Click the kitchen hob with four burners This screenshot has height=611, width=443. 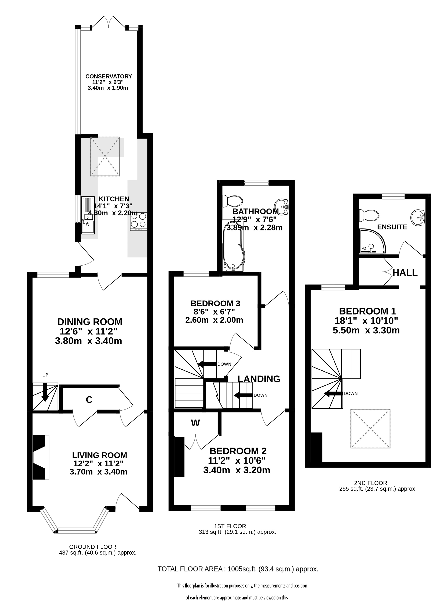click(139, 221)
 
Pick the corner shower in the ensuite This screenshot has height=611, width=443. click(373, 241)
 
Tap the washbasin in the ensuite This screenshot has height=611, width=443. click(418, 217)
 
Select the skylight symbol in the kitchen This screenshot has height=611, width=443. click(105, 156)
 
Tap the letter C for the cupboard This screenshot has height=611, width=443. click(89, 400)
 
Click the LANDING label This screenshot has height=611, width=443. click(259, 379)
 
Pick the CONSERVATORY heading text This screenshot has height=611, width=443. click(109, 76)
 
